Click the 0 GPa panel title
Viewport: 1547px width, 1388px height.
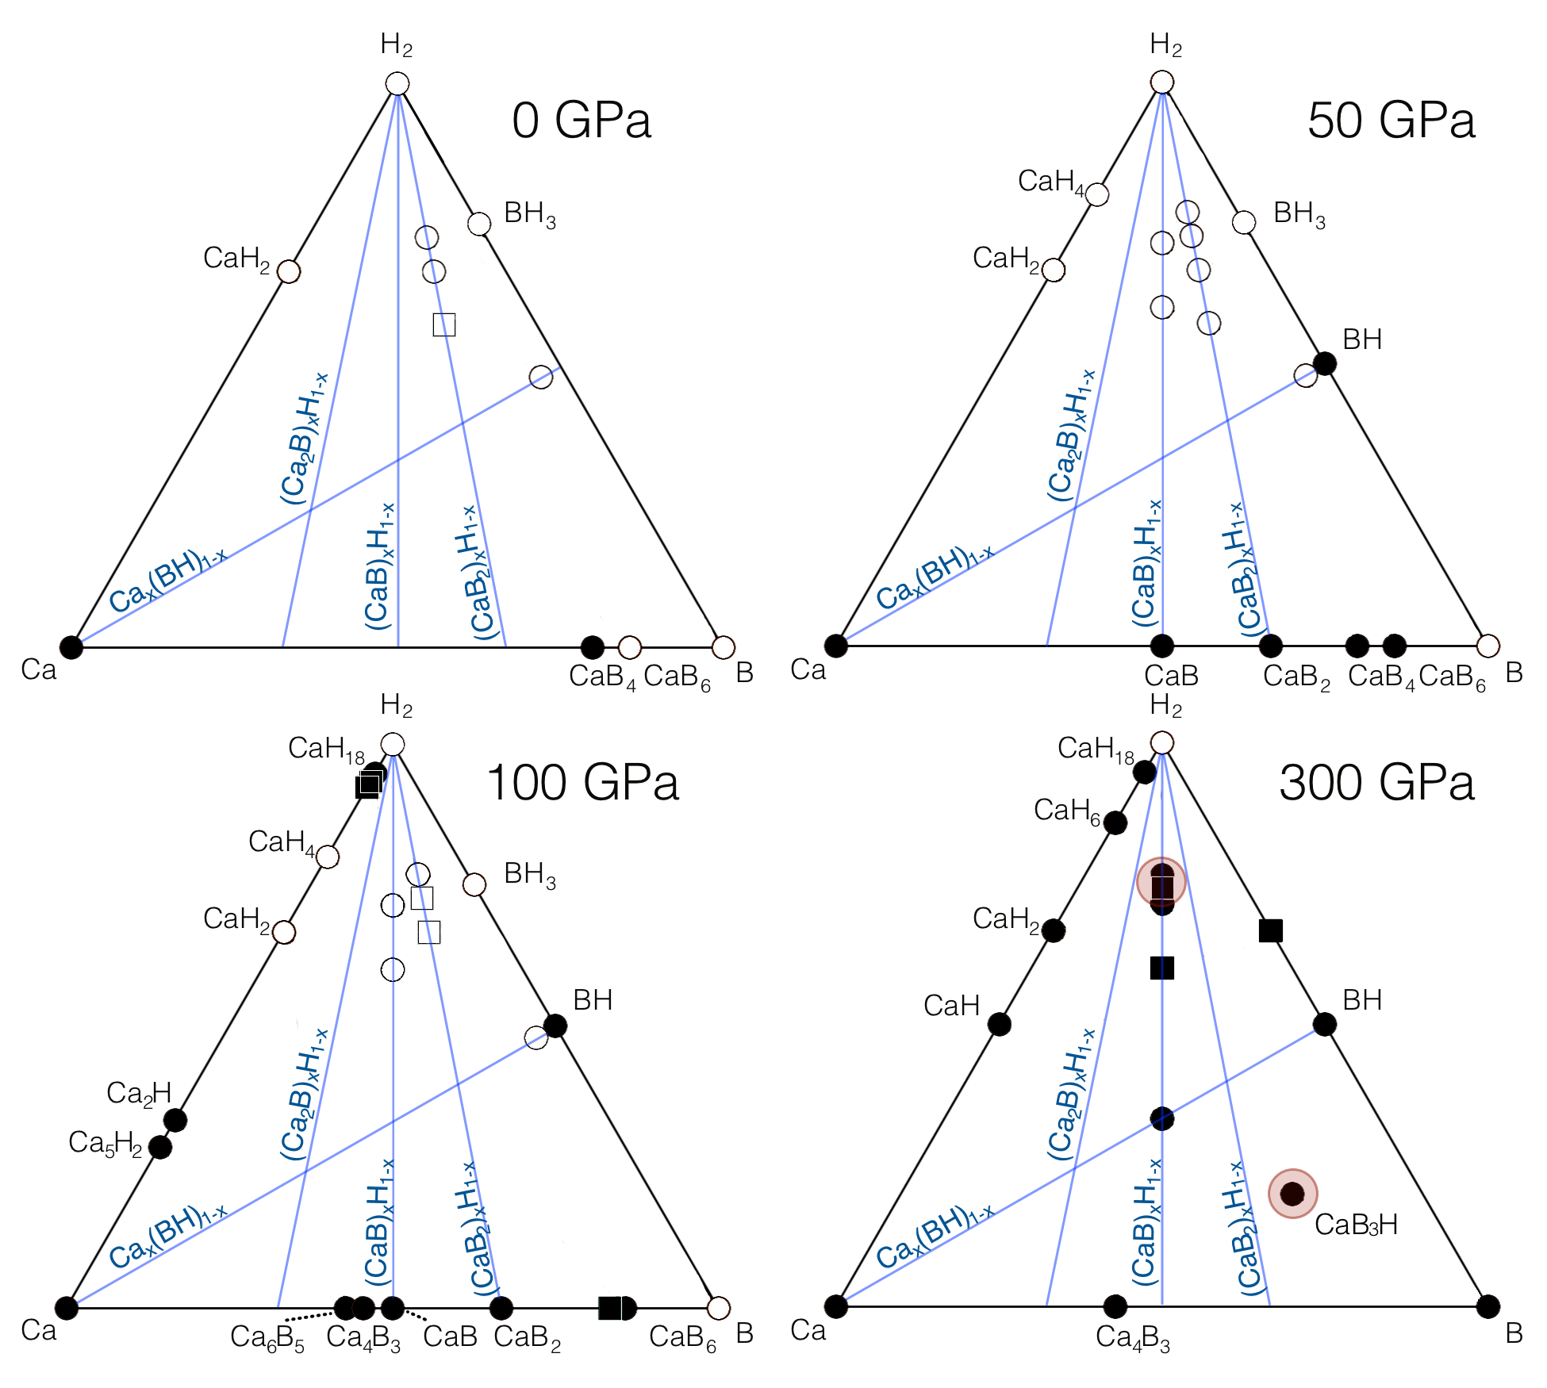pos(582,121)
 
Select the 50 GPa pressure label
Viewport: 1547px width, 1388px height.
pos(1391,121)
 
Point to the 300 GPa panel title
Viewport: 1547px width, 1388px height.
pos(1376,783)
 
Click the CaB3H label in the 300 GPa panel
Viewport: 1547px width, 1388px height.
pos(1356,1225)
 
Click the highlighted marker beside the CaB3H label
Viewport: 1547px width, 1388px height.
pos(1292,1193)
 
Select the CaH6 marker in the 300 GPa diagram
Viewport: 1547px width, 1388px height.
pos(1115,823)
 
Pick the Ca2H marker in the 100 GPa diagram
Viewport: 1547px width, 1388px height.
pos(175,1121)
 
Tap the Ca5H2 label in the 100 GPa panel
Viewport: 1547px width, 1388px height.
pos(106,1143)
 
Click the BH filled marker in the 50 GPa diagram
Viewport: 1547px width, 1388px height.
pos(1325,364)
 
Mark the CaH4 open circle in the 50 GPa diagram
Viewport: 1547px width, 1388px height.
pos(1097,194)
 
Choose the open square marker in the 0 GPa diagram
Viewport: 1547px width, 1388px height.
pos(444,324)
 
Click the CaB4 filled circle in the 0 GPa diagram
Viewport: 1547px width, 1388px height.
pos(593,647)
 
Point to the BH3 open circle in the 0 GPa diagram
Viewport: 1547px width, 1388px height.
pos(479,224)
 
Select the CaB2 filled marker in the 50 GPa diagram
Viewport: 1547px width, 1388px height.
pos(1271,646)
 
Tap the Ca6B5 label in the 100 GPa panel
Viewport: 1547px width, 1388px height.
pos(267,1337)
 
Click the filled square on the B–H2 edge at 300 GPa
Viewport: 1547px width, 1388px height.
pos(1271,930)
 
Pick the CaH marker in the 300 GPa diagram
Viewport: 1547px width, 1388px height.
pos(1000,1024)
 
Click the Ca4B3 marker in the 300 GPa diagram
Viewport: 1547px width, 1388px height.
pos(1115,1306)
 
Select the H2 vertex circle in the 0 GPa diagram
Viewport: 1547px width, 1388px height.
pos(397,84)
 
